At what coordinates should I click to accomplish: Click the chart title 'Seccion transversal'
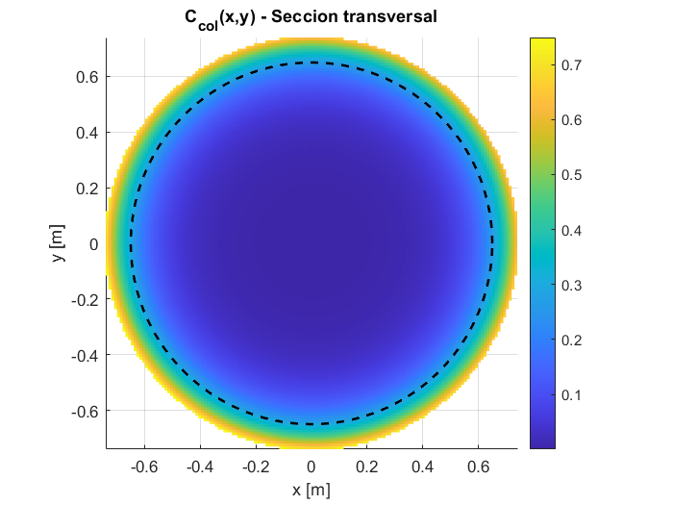tap(311, 17)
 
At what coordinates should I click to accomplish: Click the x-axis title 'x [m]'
tap(312, 490)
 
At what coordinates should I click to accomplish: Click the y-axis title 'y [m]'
tap(60, 243)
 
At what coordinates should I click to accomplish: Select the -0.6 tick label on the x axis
tap(143, 467)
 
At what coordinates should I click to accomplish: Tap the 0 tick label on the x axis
tap(312, 467)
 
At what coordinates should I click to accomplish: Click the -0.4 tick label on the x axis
tap(199, 467)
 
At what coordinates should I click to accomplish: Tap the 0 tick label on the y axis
tap(93, 244)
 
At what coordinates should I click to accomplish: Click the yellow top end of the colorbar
tap(543, 42)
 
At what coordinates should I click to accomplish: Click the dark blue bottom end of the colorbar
tap(543, 443)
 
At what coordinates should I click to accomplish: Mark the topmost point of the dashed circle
tap(312, 63)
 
